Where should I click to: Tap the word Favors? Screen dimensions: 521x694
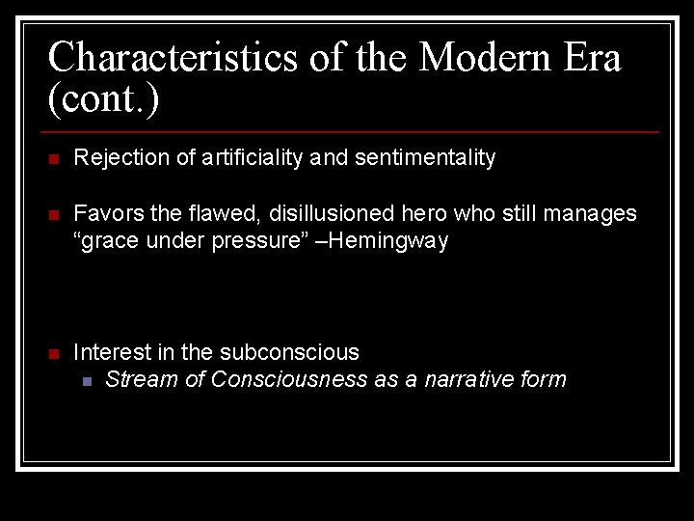coord(105,212)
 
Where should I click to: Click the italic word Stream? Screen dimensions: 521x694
coord(140,379)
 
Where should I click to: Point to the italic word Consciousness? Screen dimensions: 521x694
coord(289,379)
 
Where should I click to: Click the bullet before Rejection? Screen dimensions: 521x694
coord(54,159)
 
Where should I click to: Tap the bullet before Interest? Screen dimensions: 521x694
coord(54,353)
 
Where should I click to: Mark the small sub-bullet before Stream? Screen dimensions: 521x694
coord(88,381)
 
